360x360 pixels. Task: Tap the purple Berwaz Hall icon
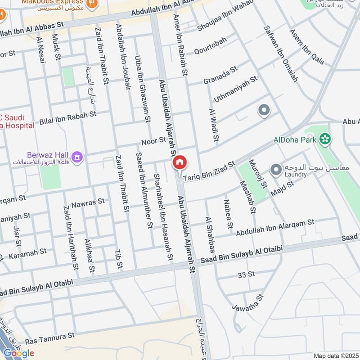pos(77,157)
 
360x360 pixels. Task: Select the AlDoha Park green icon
pos(324,139)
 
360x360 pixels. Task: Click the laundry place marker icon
pos(275,170)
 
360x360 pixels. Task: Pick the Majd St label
pos(282,189)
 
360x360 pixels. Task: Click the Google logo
pos(19,353)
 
